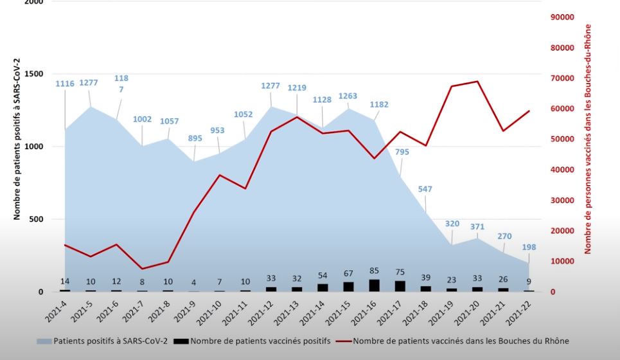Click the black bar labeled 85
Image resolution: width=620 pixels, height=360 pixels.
click(375, 285)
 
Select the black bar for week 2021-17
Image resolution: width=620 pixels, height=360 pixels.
click(400, 286)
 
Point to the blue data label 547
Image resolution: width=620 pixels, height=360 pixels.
click(425, 189)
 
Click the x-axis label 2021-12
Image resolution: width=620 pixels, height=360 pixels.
click(263, 310)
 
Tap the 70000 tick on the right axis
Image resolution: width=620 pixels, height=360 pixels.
click(562, 78)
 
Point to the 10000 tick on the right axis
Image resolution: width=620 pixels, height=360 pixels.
click(562, 262)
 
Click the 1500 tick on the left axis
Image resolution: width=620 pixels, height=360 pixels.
click(33, 74)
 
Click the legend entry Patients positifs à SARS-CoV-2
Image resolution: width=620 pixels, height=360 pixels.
click(111, 341)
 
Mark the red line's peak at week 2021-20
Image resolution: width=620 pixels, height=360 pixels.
click(477, 82)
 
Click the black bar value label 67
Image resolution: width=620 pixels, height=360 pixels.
click(348, 274)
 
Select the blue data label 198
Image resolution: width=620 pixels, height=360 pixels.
click(529, 247)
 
